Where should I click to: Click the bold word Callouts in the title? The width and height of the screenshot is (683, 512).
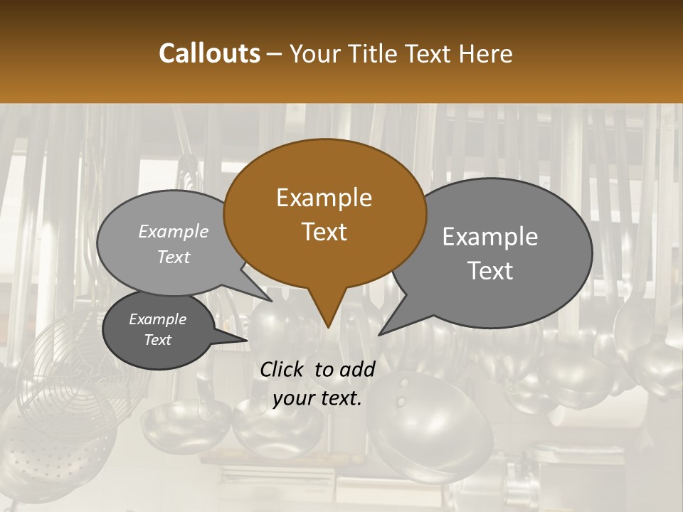click(x=209, y=53)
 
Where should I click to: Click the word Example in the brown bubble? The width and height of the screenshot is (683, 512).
click(x=324, y=198)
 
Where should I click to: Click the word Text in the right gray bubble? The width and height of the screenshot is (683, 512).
click(x=490, y=270)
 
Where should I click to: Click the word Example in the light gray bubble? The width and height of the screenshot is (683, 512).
click(x=174, y=231)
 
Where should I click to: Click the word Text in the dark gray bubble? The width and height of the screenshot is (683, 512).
click(x=158, y=340)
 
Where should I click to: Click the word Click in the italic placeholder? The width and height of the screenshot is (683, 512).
click(x=282, y=369)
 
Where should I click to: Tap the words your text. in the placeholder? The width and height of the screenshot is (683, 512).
click(x=317, y=398)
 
